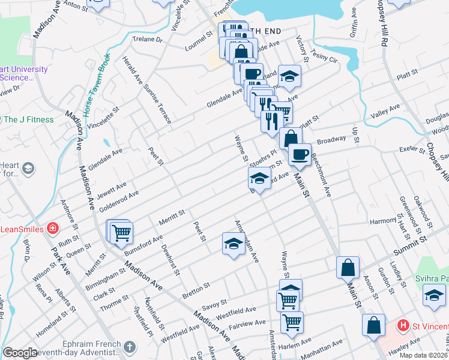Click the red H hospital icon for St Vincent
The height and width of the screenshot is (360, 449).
(403, 326)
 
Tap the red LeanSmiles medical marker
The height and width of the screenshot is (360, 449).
(53, 229)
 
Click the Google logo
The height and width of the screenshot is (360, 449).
(20, 353)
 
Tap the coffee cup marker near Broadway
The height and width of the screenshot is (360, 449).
(299, 154)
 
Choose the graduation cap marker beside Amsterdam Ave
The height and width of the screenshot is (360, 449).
(234, 243)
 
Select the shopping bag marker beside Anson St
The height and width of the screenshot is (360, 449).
(348, 268)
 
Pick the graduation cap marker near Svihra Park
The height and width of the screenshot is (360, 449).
(433, 295)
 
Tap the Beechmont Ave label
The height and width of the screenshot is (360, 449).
(321, 174)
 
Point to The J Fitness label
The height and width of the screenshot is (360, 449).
(29, 119)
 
